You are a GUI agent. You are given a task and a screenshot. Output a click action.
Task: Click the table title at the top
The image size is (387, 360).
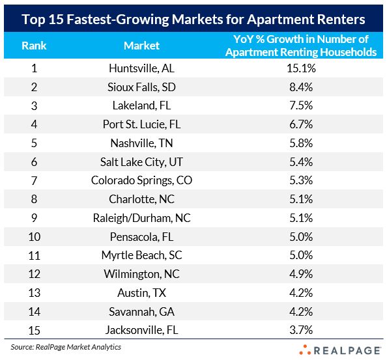click(x=193, y=17)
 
